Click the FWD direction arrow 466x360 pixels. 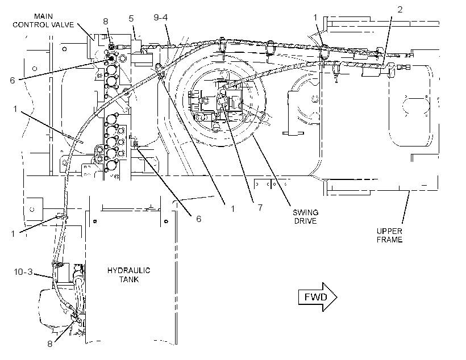pyautogui.click(x=318, y=297)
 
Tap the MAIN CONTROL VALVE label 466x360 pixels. pyautogui.click(x=43, y=20)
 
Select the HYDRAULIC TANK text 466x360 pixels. pyautogui.click(x=128, y=275)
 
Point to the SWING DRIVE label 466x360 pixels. pyautogui.click(x=305, y=216)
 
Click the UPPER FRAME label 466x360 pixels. pyautogui.click(x=389, y=235)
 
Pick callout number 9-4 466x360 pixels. pyautogui.click(x=160, y=17)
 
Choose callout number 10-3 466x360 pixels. pyautogui.click(x=23, y=272)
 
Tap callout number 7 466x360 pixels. pyautogui.click(x=260, y=208)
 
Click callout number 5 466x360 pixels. pyautogui.click(x=131, y=18)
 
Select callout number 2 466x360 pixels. pyautogui.click(x=400, y=10)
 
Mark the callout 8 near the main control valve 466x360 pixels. pyautogui.click(x=106, y=22)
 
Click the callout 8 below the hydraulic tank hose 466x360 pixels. pyautogui.click(x=50, y=344)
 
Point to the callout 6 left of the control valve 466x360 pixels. pyautogui.click(x=12, y=80)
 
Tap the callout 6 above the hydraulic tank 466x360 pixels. pyautogui.click(x=198, y=219)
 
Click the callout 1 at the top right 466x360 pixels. pyautogui.click(x=315, y=18)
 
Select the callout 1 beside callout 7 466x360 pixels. pyautogui.click(x=233, y=209)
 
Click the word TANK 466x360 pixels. pyautogui.click(x=128, y=279)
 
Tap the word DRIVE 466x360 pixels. pyautogui.click(x=305, y=221)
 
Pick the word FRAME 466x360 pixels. pyautogui.click(x=389, y=240)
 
